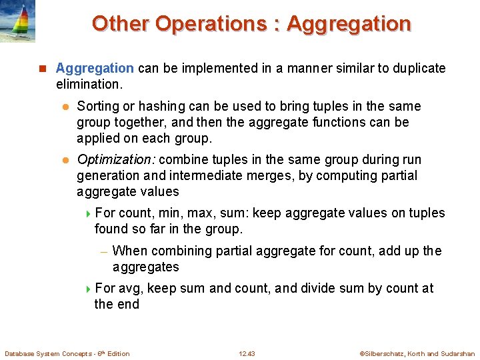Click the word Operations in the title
pyautogui.click(x=209, y=23)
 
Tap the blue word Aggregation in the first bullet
pyautogui.click(x=95, y=68)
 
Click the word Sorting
pyautogui.click(x=99, y=107)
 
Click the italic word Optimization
pyautogui.click(x=116, y=160)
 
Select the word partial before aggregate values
pyautogui.click(x=399, y=176)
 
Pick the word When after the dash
pyautogui.click(x=131, y=251)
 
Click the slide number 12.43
pyautogui.click(x=247, y=354)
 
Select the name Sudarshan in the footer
pyautogui.click(x=459, y=354)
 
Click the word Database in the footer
pyautogui.click(x=21, y=354)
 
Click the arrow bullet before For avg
pyautogui.click(x=89, y=289)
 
